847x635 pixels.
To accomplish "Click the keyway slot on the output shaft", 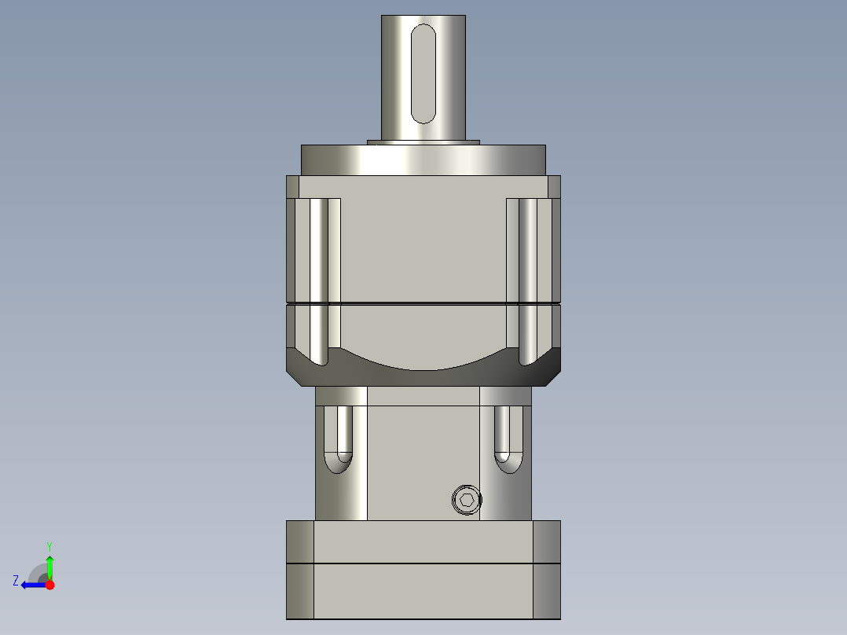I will [423, 73].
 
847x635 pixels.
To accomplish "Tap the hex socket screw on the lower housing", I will [467, 501].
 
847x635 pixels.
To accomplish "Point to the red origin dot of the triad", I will [49, 585].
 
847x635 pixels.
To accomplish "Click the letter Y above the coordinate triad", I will [49, 545].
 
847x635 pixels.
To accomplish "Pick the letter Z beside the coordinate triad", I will [16, 581].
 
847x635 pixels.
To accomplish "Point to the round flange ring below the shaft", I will [423, 160].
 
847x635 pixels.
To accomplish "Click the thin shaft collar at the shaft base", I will [423, 142].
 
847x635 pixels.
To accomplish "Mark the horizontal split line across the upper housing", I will [423, 303].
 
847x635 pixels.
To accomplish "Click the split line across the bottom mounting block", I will [423, 563].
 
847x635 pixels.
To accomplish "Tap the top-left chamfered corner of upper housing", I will [292, 186].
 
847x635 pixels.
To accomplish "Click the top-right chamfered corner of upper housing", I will [554, 186].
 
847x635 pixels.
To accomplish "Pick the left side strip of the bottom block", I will [299, 570].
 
